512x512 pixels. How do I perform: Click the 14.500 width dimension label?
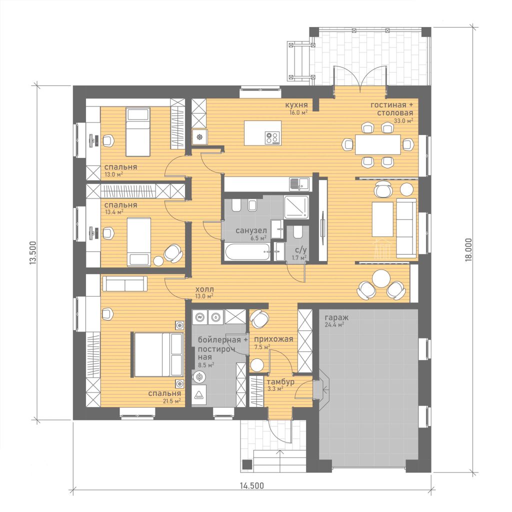tap(252, 485)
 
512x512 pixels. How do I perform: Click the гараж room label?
tap(336, 317)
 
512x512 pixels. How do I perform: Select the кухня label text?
tap(296, 105)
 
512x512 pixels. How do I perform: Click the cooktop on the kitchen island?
tap(272, 137)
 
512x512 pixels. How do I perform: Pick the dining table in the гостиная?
tap(378, 144)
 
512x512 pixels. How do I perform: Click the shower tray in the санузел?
tap(296, 207)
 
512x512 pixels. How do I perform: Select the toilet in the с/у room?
tap(297, 232)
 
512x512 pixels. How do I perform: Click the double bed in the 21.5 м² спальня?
tap(157, 355)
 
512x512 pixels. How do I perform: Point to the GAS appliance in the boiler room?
tap(198, 395)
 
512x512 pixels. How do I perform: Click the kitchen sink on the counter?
tap(299, 184)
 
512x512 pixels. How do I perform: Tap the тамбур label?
tap(281, 381)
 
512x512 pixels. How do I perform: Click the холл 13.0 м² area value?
tap(204, 296)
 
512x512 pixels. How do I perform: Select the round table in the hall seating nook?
tap(381, 278)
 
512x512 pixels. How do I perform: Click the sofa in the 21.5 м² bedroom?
tap(124, 283)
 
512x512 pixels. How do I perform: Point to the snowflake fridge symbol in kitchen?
tap(199, 137)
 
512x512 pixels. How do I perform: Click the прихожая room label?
tap(273, 339)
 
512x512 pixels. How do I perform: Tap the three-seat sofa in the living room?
tap(406, 228)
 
